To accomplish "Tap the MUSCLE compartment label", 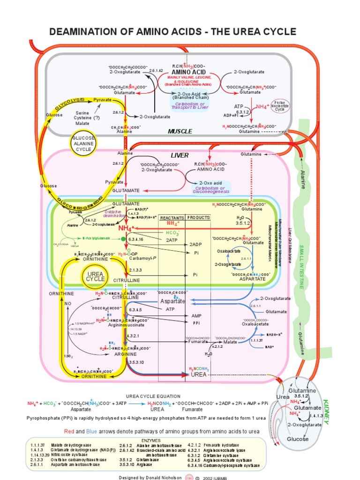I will (x=180, y=131).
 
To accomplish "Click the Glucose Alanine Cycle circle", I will (x=84, y=142).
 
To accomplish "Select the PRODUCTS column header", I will (x=199, y=218).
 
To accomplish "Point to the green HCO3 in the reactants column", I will (x=172, y=232).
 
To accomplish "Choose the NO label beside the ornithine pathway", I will (x=67, y=304).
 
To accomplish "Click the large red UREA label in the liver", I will (x=199, y=375).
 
